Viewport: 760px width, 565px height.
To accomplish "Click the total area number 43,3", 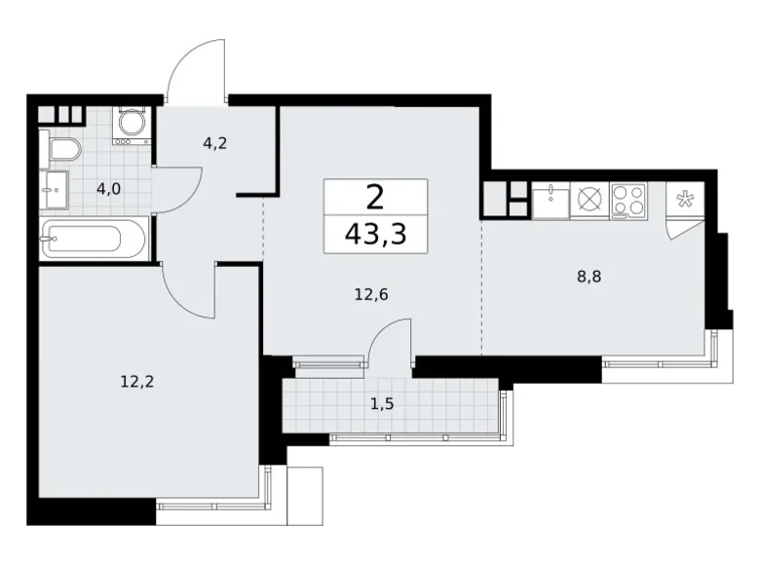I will (375, 234).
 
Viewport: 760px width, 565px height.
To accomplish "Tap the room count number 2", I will (375, 197).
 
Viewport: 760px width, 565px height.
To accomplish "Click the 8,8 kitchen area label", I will (589, 276).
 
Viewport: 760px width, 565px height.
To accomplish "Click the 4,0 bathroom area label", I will (108, 188).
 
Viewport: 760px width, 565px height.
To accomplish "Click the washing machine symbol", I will (131, 125).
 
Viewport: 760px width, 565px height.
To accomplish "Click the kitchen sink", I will (551, 201).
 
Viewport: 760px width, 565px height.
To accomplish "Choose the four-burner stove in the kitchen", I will (628, 201).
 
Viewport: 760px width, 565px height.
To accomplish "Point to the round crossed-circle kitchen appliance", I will (589, 201).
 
